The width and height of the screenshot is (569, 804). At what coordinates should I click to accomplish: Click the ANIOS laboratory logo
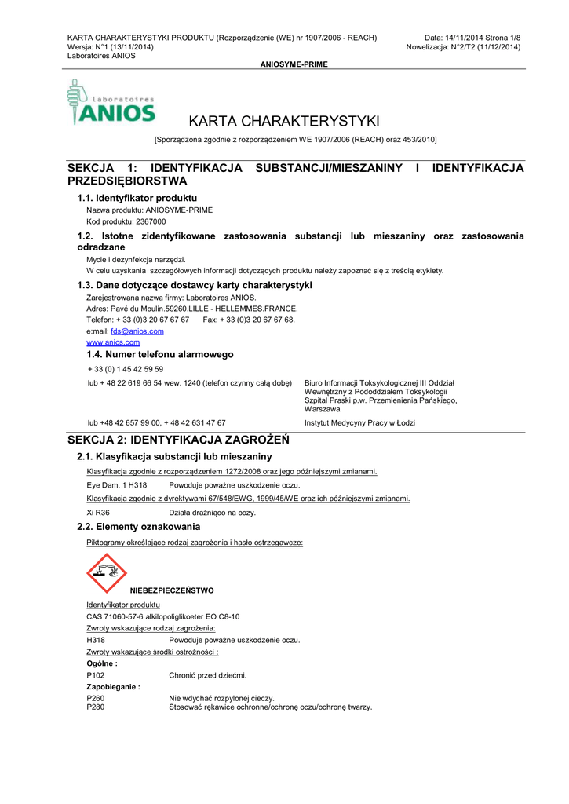coord(111,102)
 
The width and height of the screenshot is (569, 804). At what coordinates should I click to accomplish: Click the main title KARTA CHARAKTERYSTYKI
coord(284,121)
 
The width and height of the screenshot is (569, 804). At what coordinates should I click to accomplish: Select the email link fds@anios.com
coord(137,331)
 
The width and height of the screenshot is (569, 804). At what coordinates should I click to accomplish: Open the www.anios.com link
coord(113,342)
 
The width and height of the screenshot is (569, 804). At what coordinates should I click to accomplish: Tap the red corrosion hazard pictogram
coord(106,572)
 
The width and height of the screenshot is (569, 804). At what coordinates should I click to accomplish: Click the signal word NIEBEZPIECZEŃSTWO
coord(172,590)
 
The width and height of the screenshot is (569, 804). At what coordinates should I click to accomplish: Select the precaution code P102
coord(95,675)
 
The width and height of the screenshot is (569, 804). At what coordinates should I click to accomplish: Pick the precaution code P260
coord(95,698)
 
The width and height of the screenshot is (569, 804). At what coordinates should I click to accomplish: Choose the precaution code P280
coord(95,707)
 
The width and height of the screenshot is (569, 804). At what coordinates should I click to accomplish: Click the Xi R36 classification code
coord(98,512)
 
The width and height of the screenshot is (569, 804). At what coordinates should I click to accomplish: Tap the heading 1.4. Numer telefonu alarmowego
coord(160,355)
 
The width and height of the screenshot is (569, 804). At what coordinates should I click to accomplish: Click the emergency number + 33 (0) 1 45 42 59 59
coord(126,369)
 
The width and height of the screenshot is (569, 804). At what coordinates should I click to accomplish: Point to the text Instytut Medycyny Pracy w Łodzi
coord(359,422)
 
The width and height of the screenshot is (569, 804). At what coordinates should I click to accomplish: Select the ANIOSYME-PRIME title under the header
coord(294,64)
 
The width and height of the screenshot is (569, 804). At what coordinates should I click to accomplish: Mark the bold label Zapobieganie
coord(113,687)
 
